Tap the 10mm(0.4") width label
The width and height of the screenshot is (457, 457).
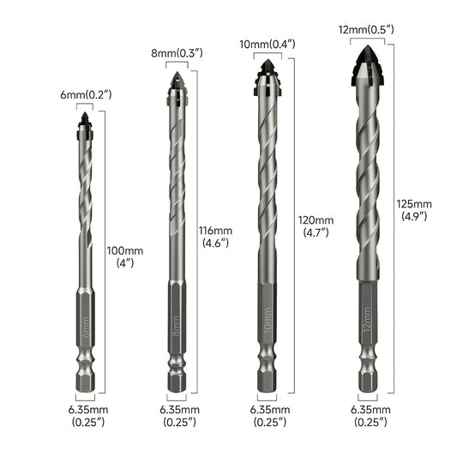(269, 43)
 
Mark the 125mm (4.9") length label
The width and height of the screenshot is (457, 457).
(414, 210)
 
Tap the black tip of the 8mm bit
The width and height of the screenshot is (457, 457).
(177, 83)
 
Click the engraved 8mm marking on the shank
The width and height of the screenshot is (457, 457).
(177, 328)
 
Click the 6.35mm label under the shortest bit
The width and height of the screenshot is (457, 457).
(85, 416)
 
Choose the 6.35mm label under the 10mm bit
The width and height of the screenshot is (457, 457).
(269, 416)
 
